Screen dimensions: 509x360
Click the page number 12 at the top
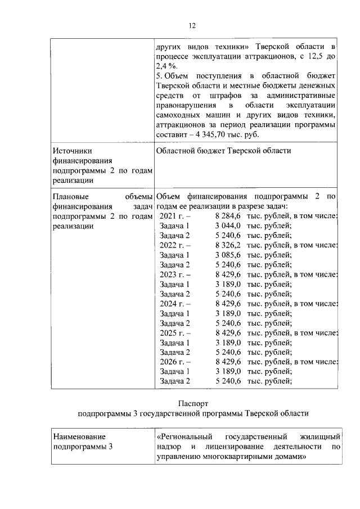(x=191, y=26)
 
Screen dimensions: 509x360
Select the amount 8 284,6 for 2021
(x=228, y=216)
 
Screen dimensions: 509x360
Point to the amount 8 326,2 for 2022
(x=228, y=245)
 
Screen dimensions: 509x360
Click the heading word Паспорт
(x=193, y=403)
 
